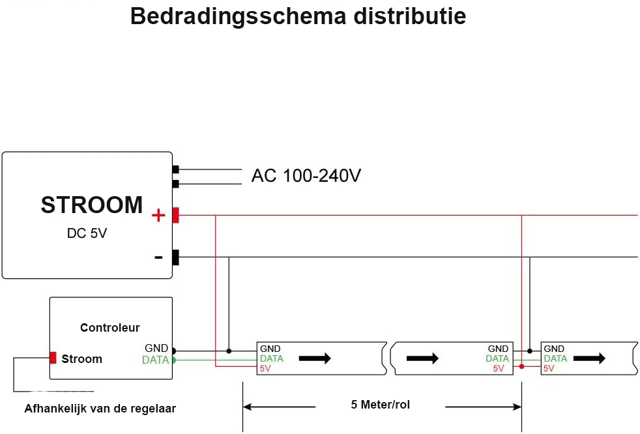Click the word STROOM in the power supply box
pyautogui.click(x=92, y=205)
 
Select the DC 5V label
pyautogui.click(x=87, y=233)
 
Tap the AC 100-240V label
pyautogui.click(x=306, y=175)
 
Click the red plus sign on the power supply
pyautogui.click(x=158, y=215)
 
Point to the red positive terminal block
pyautogui.click(x=175, y=215)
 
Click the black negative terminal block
pyautogui.click(x=175, y=257)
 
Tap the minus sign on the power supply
pyautogui.click(x=159, y=257)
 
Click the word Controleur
pyautogui.click(x=109, y=327)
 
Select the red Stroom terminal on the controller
pyautogui.click(x=53, y=358)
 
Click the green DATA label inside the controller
pyautogui.click(x=156, y=360)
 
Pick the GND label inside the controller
pyautogui.click(x=156, y=348)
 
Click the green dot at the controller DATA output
pyautogui.click(x=174, y=360)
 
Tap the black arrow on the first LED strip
pyautogui.click(x=315, y=358)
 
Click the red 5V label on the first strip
pyautogui.click(x=265, y=368)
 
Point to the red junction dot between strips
pyautogui.click(x=521, y=366)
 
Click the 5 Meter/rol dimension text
pyautogui.click(x=381, y=405)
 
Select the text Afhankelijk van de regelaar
pyautogui.click(x=100, y=409)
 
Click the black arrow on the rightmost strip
pyautogui.click(x=589, y=358)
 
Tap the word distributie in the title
pyautogui.click(x=410, y=17)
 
